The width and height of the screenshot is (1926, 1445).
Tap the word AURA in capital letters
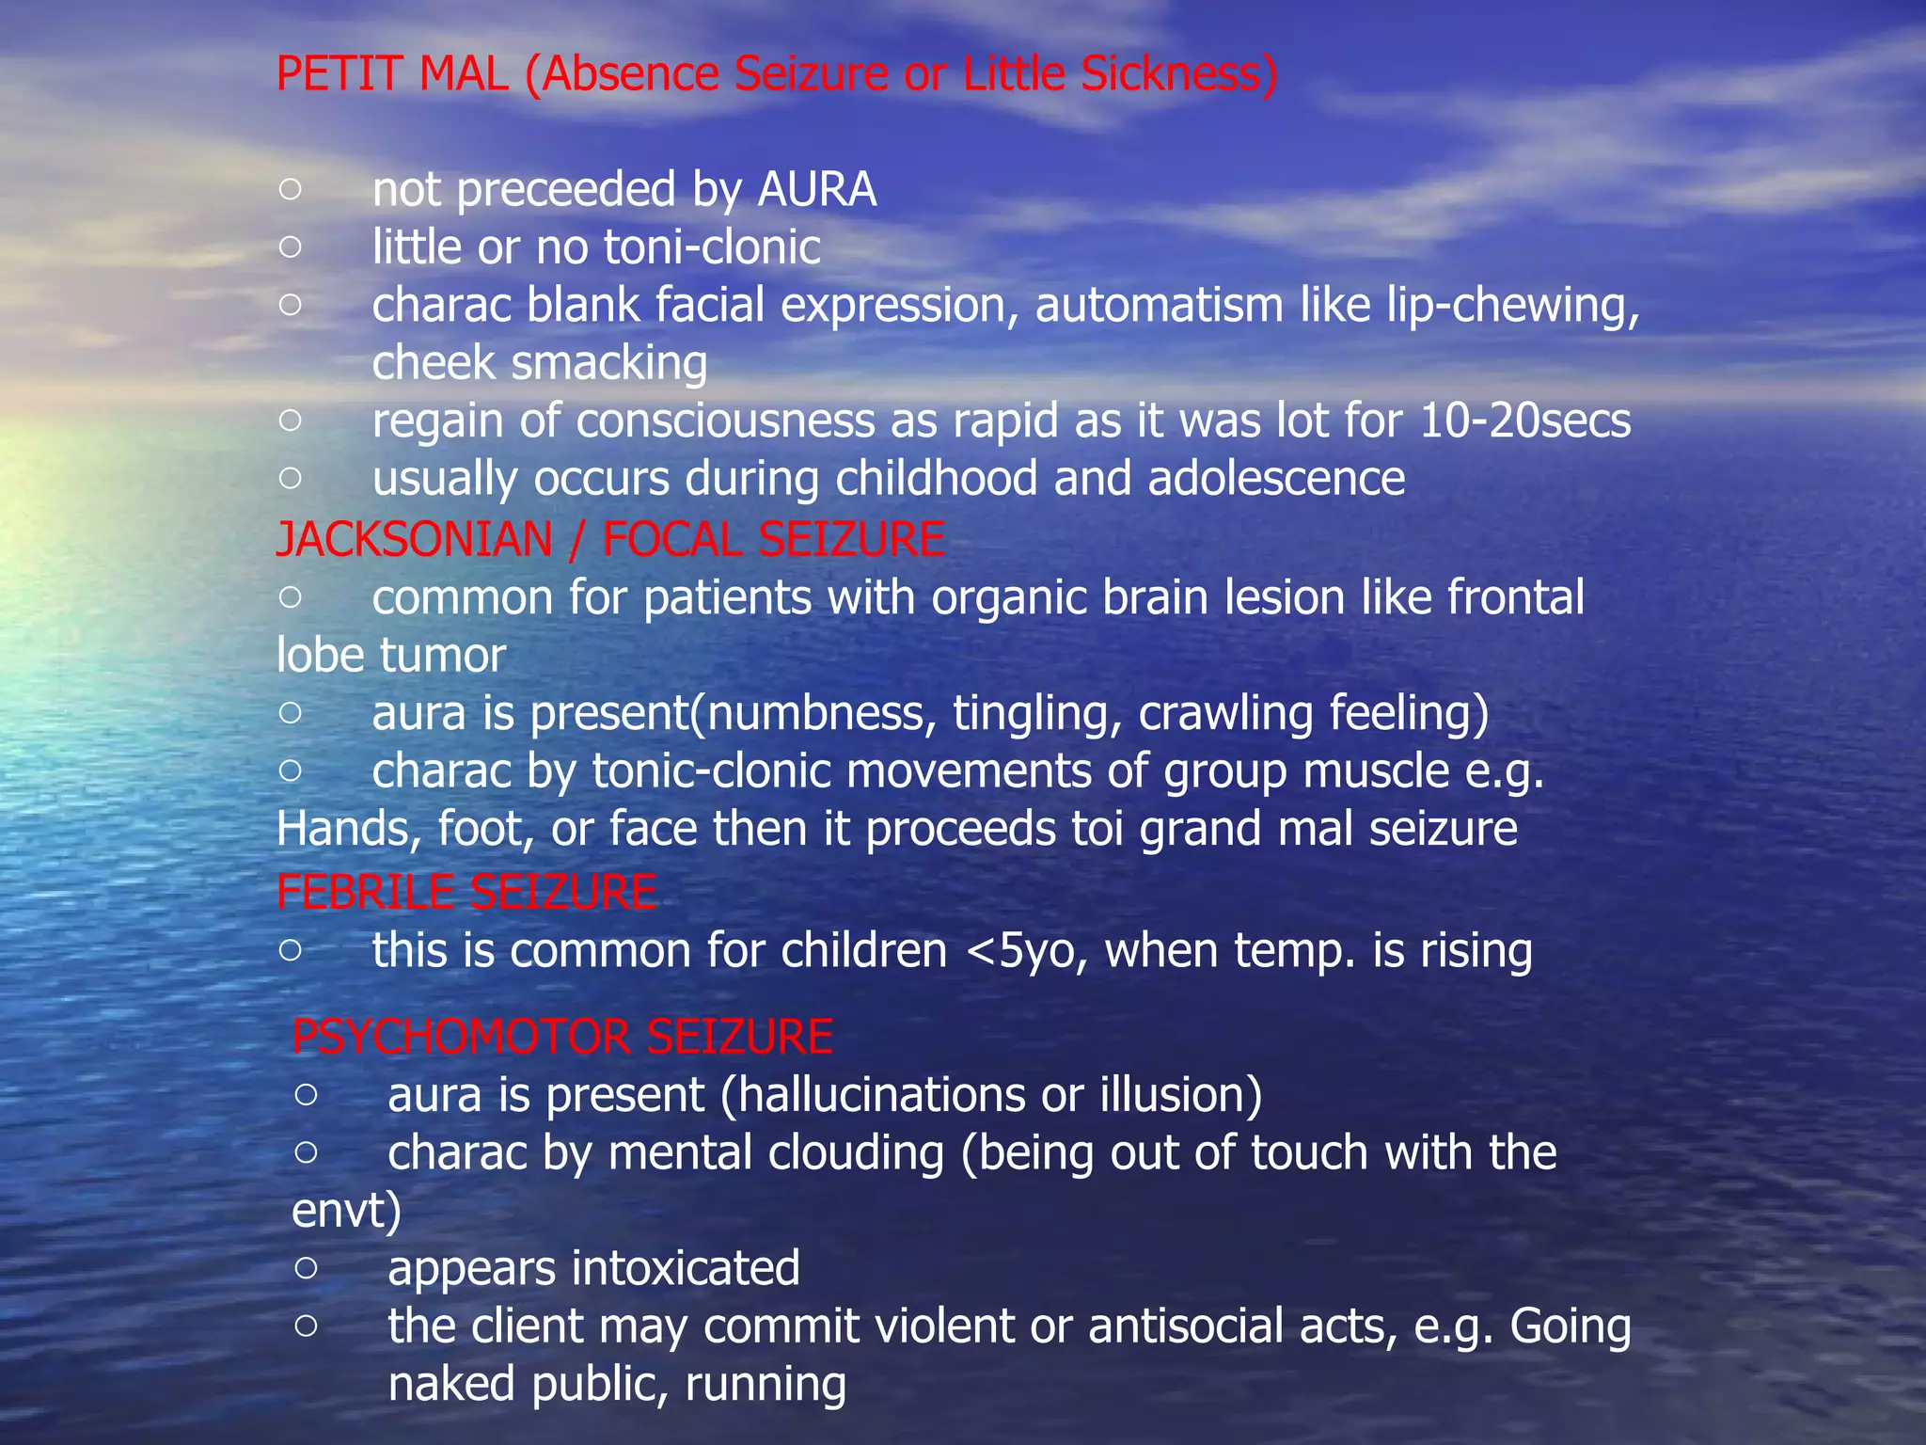tap(816, 190)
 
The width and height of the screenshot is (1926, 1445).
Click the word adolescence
tap(1276, 479)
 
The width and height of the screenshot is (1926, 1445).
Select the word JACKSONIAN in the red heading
tap(414, 540)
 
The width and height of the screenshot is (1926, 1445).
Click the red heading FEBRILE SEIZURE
tap(466, 892)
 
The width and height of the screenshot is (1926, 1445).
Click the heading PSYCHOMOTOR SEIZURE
tap(562, 1037)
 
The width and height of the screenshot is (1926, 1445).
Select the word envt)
tap(346, 1212)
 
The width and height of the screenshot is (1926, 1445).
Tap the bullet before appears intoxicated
tap(306, 1268)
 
